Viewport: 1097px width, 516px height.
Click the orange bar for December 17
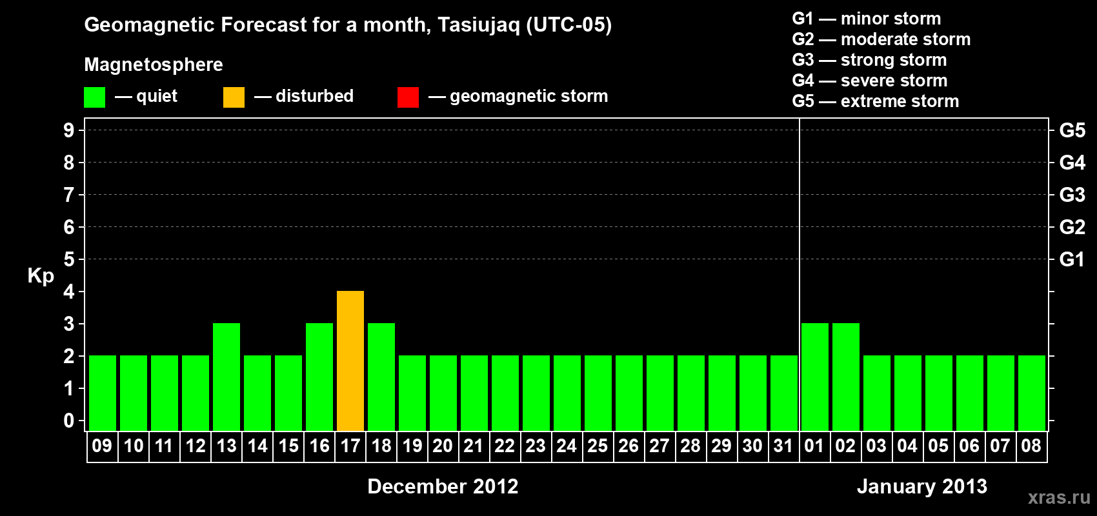coord(350,361)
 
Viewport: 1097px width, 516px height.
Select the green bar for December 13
coord(226,377)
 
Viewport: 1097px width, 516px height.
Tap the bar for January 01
coord(815,377)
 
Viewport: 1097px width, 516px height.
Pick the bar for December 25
coord(598,393)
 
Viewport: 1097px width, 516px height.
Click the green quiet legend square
coord(94,97)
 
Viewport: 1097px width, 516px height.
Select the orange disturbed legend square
coord(234,97)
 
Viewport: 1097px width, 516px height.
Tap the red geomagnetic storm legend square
coord(408,97)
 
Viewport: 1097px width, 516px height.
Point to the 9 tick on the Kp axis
coord(68,130)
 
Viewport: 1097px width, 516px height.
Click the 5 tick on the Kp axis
coord(68,259)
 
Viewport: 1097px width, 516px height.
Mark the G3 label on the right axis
coord(1072,195)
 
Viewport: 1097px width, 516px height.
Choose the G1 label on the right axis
coord(1072,259)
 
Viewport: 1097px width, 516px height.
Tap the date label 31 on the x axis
coord(783,446)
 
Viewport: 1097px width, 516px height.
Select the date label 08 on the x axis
coord(1031,446)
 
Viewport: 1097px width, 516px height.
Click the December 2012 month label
coord(443,486)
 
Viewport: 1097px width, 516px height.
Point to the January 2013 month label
coord(921,486)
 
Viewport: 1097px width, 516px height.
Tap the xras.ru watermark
coord(1059,498)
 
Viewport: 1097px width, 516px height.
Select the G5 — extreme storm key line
coord(875,101)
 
